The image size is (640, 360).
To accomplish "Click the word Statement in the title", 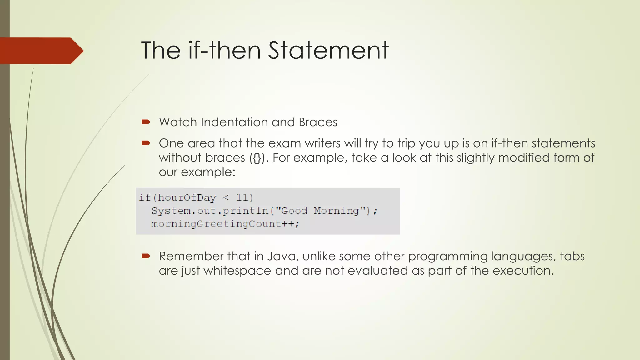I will click(328, 50).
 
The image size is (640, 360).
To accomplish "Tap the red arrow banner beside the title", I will click(41, 51).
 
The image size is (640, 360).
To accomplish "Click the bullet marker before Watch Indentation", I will click(146, 122).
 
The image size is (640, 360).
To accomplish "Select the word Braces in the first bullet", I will click(318, 122).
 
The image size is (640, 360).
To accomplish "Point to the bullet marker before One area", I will click(146, 143).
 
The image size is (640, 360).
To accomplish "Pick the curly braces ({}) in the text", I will click(257, 158).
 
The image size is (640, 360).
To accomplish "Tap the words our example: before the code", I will click(197, 172).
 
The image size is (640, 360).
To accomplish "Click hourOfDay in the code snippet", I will click(187, 198).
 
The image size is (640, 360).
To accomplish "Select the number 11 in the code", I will click(242, 198).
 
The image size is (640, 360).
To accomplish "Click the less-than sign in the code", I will click(226, 198).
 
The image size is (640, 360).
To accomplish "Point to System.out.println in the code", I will click(210, 211).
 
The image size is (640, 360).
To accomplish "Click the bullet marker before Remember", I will click(146, 256).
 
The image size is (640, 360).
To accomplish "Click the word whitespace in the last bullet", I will click(237, 271).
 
